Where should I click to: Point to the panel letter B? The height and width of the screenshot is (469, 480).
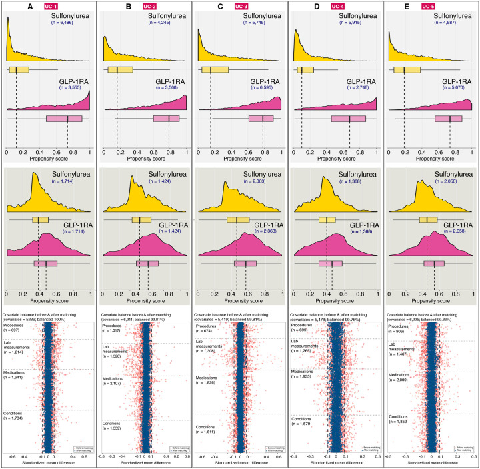click(109, 5)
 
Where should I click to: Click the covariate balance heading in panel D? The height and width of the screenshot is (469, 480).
click(335, 315)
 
